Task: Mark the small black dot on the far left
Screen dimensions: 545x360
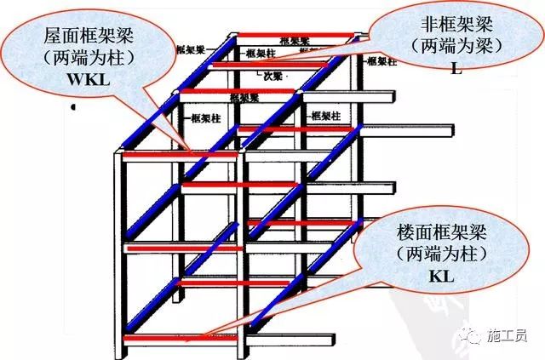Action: [x=76, y=108]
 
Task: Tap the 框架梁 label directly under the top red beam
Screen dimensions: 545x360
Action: [x=294, y=41]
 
